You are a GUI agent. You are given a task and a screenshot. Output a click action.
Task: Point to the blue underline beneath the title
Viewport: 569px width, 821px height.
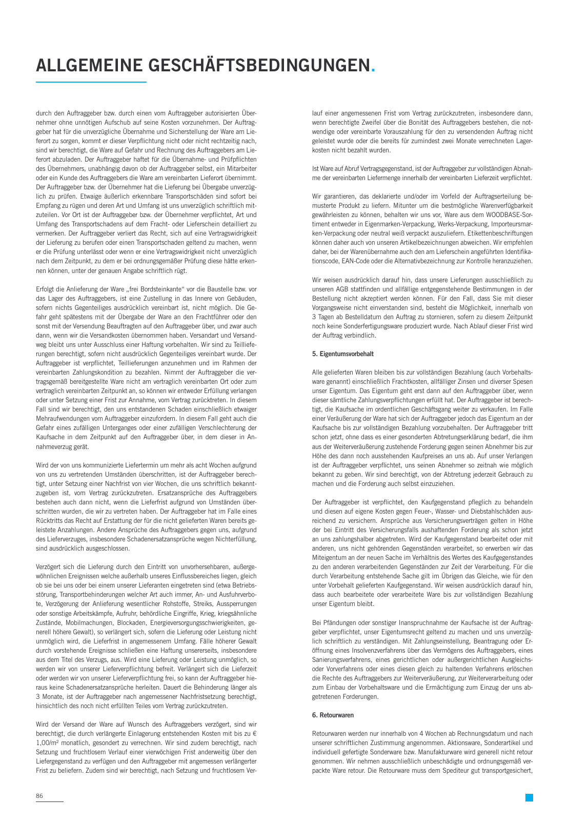[x=91, y=82]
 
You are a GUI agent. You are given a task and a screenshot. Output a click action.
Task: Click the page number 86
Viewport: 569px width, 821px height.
[x=39, y=796]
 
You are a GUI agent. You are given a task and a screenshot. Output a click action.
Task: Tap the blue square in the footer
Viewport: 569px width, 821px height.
[x=529, y=797]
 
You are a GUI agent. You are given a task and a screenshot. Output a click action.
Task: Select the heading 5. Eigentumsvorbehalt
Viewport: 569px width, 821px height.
[x=343, y=354]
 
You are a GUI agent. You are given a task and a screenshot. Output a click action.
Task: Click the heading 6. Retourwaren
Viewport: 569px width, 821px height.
[x=333, y=715]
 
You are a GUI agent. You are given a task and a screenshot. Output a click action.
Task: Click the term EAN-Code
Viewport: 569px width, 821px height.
[x=351, y=261]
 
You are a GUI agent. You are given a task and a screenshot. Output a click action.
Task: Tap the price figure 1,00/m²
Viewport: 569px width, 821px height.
[x=50, y=742]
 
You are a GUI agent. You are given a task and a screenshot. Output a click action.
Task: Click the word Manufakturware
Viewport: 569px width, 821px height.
[x=451, y=752]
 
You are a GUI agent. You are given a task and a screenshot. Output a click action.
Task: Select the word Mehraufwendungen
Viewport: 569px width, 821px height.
[x=62, y=418]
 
